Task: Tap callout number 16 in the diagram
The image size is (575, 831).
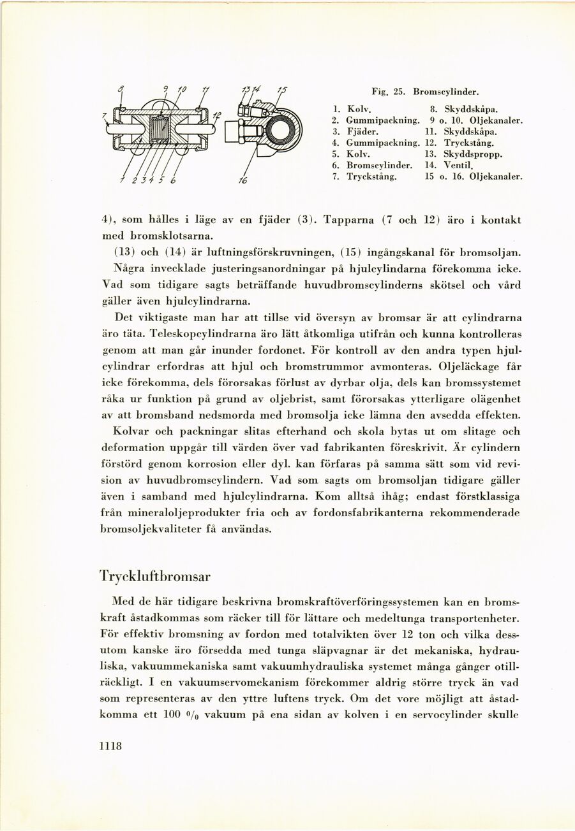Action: (242, 180)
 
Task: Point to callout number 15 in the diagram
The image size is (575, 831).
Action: (281, 90)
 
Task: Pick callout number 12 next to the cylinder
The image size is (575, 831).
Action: (217, 115)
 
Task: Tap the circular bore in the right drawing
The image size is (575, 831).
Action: (280, 131)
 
